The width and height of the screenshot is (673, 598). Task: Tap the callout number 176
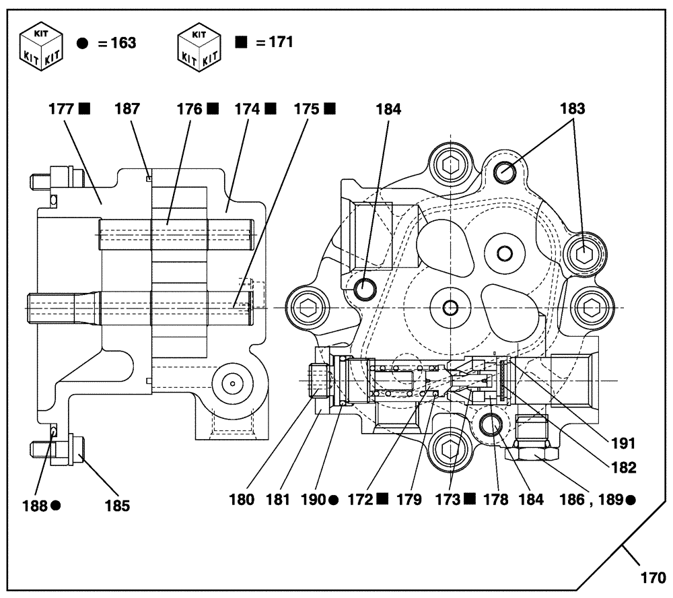[190, 108]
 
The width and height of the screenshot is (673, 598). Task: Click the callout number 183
[573, 108]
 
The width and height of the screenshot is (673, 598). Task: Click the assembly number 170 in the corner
[651, 577]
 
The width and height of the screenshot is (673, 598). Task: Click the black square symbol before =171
[241, 41]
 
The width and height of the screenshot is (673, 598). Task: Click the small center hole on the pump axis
[450, 308]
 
